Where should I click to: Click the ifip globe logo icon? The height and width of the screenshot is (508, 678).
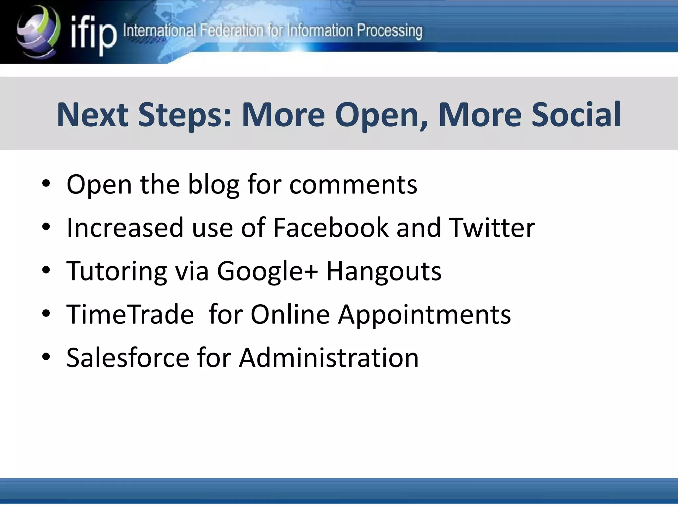[38, 32]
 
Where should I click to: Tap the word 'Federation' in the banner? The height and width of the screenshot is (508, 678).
[232, 31]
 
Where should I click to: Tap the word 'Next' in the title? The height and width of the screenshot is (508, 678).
[93, 115]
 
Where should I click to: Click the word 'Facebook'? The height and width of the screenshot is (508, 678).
[331, 228]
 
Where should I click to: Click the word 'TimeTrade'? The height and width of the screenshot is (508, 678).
[130, 314]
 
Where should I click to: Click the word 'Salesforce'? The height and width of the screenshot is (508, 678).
[127, 358]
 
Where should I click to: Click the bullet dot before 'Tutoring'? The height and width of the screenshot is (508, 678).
[46, 270]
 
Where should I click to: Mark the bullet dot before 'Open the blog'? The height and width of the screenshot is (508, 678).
[46, 184]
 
